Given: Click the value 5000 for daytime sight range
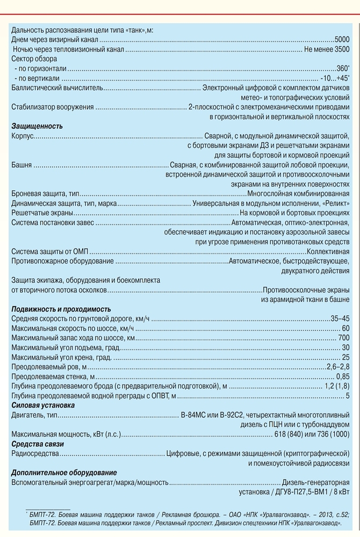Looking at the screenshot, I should pyautogui.click(x=342, y=39).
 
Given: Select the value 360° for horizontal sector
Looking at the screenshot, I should pyautogui.click(x=342, y=69).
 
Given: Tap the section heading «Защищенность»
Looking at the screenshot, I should pyautogui.click(x=37, y=126).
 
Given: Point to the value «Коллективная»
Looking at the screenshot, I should pyautogui.click(x=328, y=251).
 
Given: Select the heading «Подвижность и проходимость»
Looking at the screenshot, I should pyautogui.click(x=61, y=309).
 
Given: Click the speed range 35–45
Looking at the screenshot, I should pyautogui.click(x=340, y=318).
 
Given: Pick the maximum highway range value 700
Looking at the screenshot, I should pyautogui.click(x=344, y=338).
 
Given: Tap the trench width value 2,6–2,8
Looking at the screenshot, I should pyautogui.click(x=338, y=367).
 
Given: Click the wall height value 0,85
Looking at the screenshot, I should pyautogui.click(x=343, y=376).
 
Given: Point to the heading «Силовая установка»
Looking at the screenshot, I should pyautogui.click(x=43, y=405).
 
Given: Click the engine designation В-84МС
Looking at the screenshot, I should pyautogui.click(x=195, y=415).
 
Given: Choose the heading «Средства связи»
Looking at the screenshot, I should pyautogui.click(x=38, y=444).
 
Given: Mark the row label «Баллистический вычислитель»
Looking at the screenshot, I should pyautogui.click(x=57, y=88).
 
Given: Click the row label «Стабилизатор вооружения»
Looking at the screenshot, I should pyautogui.click(x=53, y=107).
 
